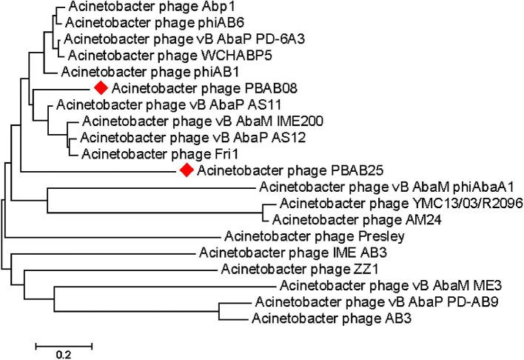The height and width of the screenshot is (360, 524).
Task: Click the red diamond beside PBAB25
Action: (x=187, y=170)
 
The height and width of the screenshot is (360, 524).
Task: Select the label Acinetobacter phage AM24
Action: (x=338, y=219)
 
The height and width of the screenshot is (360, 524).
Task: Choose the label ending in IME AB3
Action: (x=266, y=254)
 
